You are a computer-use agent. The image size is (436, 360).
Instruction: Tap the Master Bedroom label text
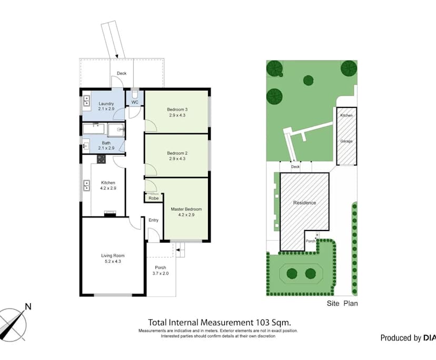pyautogui.click(x=186, y=209)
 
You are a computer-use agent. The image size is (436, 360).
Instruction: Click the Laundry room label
pyautogui.click(x=106, y=104)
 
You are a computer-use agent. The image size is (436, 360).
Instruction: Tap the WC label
pyautogui.click(x=135, y=102)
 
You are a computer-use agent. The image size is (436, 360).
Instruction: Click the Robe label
pyautogui.click(x=153, y=198)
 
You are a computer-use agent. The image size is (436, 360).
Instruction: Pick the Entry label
pyautogui.click(x=153, y=220)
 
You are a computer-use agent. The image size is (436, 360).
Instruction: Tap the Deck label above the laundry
pyautogui.click(x=122, y=74)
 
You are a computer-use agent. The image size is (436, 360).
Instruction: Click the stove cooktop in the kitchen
pyautogui.click(x=101, y=158)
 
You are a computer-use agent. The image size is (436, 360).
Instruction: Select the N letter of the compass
pyautogui.click(x=28, y=306)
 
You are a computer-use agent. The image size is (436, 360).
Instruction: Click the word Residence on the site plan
pyautogui.click(x=304, y=203)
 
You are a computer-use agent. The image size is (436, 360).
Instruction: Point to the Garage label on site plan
pyautogui.click(x=346, y=141)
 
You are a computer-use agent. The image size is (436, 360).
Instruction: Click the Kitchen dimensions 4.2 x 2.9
pyautogui.click(x=108, y=188)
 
